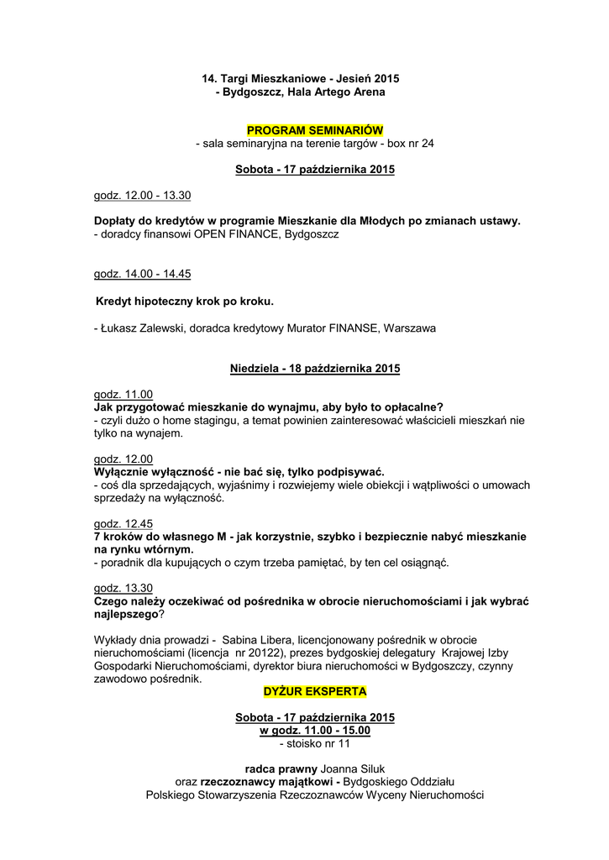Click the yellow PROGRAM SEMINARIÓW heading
coord(315,130)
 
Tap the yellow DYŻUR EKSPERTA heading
coord(315,691)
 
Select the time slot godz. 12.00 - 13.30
coord(142,196)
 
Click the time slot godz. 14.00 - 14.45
coord(142,274)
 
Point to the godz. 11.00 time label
coord(123,394)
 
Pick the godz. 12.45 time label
coord(123,523)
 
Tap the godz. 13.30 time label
coord(123,588)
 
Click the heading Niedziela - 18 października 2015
coord(315,368)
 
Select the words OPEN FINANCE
coord(238,235)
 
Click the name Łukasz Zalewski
coord(140,328)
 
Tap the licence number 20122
coord(270,653)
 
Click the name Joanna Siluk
coord(354,768)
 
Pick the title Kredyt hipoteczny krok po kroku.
coord(186,300)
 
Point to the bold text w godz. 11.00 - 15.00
coord(315,731)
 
